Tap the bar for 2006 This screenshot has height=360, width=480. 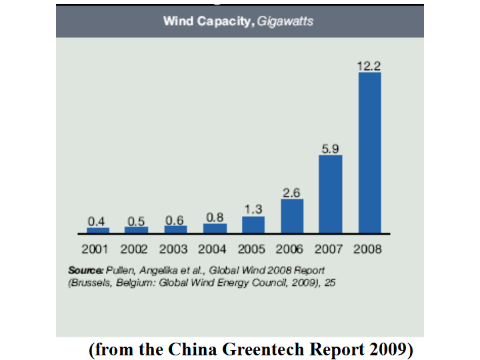click(292, 215)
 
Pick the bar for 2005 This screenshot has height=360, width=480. click(253, 225)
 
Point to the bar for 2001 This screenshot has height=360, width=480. click(97, 230)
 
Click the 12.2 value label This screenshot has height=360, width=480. click(369, 65)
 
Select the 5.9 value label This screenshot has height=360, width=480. click(330, 149)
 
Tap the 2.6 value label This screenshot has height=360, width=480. click(292, 193)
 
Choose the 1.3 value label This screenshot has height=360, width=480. click(253, 209)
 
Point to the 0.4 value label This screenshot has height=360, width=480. click(97, 221)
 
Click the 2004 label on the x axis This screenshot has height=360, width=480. click(213, 249)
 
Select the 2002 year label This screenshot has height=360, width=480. click(135, 249)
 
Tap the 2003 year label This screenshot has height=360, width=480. click(173, 249)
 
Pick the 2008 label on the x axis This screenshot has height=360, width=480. click(368, 249)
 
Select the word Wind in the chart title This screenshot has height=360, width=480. click(178, 21)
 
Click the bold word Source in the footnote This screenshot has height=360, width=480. click(85, 271)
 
